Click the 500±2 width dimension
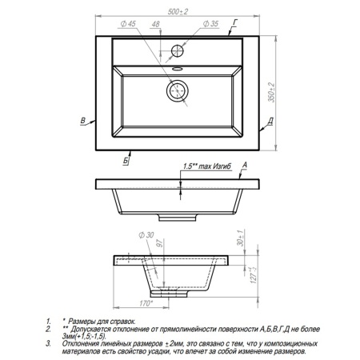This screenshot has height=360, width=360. point(178,12)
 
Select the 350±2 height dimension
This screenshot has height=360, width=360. point(271,92)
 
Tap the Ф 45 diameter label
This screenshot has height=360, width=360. point(128,24)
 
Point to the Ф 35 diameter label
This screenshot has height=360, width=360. point(210,24)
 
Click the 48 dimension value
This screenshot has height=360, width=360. point(156,24)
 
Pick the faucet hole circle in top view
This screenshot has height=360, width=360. point(178,51)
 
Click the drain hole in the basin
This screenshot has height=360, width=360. point(178,91)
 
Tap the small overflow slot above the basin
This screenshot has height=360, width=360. point(178,69)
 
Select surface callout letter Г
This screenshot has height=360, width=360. point(235,22)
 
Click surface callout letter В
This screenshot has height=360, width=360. point(83,121)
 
